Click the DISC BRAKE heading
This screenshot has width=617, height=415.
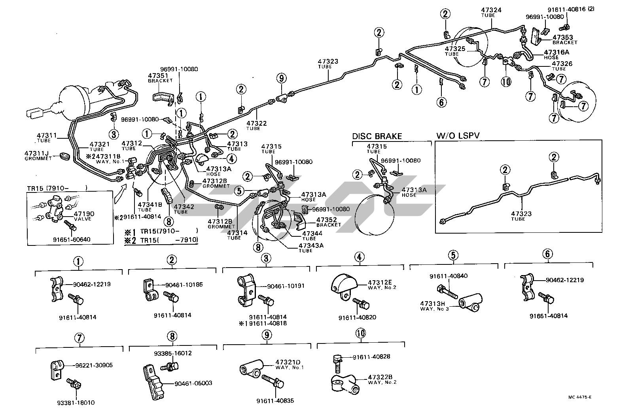pos(377,136)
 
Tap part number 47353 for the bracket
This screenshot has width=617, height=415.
pos(565,38)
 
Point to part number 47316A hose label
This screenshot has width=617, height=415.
pos(558,52)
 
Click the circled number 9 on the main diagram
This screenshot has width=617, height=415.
pos(281,78)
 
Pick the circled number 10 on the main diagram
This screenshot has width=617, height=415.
pos(506,81)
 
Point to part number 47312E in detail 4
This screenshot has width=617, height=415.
pos(380,282)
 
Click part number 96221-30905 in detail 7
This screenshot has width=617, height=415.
pos(94,365)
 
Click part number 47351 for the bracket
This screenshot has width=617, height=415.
pos(158,75)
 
